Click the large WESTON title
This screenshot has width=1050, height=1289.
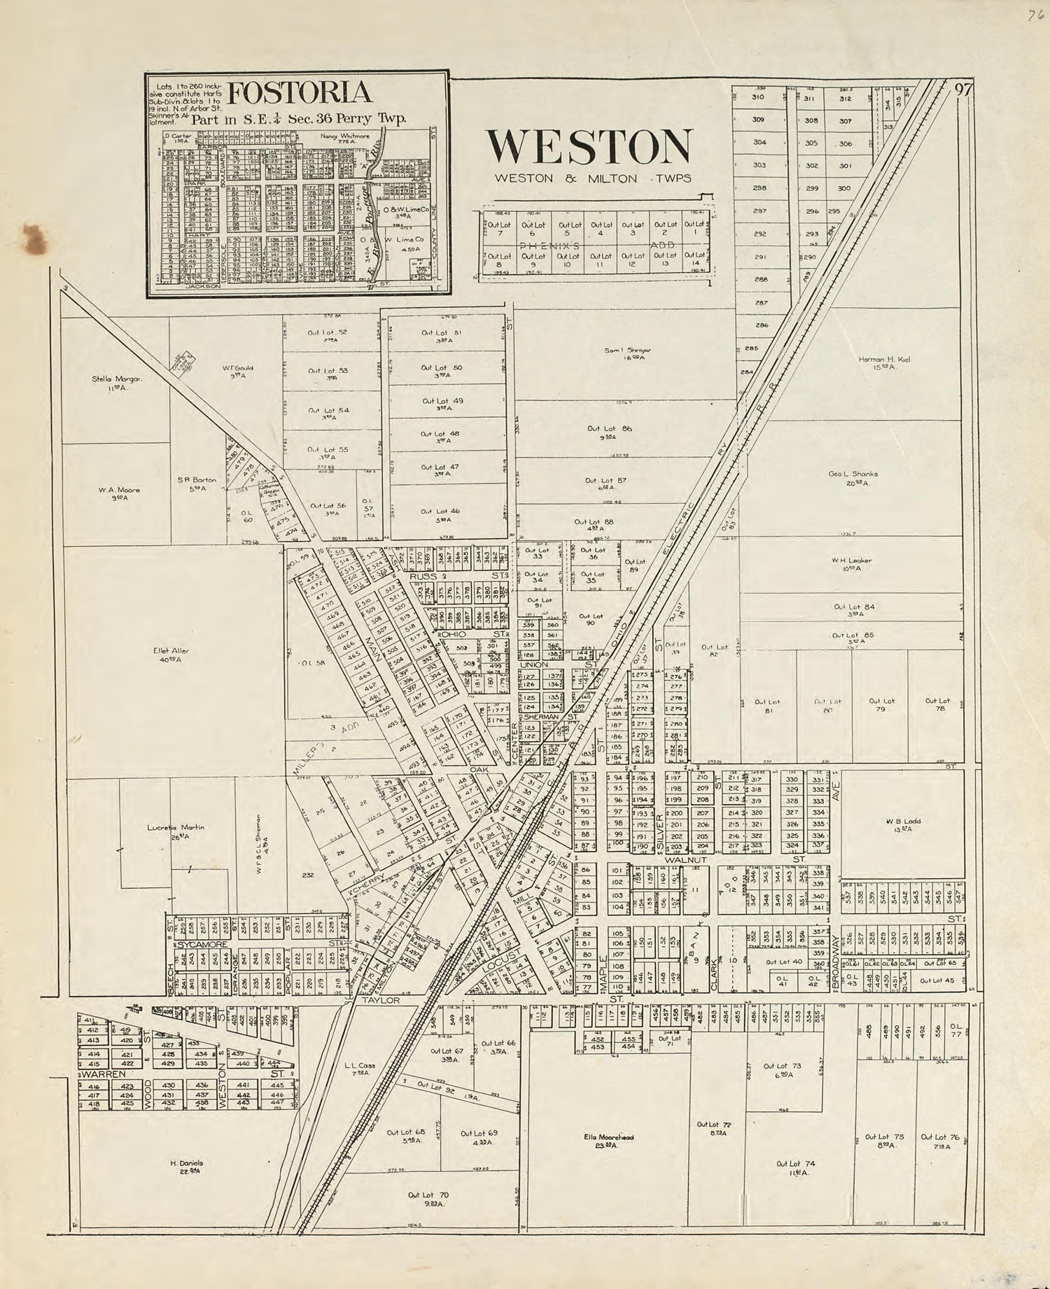coord(589,146)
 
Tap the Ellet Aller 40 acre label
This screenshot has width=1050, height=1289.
coord(171,654)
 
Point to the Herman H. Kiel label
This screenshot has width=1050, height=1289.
coord(885,362)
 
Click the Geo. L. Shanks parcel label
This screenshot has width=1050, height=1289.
coord(853,477)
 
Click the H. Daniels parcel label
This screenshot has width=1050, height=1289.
coord(185,1166)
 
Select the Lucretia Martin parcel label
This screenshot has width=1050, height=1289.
coord(176,831)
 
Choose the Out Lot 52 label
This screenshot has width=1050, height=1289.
coord(328,335)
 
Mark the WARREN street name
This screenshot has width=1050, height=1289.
coord(104,1073)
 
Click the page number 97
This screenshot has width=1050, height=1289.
coord(963,90)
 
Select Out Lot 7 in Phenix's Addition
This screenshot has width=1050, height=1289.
coord(499,228)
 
